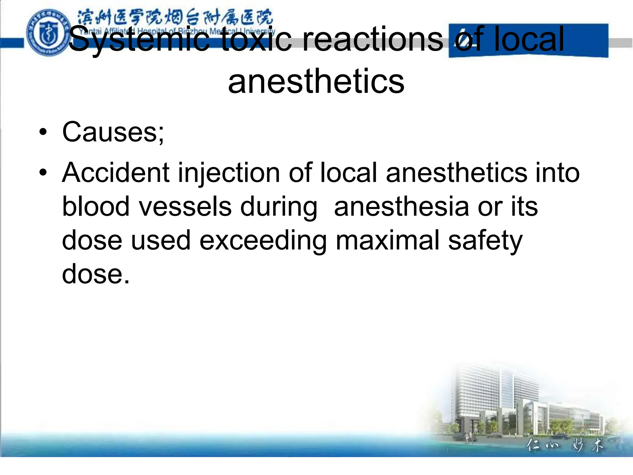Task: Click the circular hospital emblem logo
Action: tap(47, 33)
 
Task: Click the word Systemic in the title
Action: tap(139, 40)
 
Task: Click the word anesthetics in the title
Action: tap(316, 81)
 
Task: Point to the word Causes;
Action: tap(113, 132)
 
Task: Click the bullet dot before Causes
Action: tap(43, 132)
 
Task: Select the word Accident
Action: tap(116, 173)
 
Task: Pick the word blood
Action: tap(96, 207)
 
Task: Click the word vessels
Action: tap(185, 207)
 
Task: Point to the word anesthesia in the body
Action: tap(401, 207)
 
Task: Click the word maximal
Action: tap(388, 240)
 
